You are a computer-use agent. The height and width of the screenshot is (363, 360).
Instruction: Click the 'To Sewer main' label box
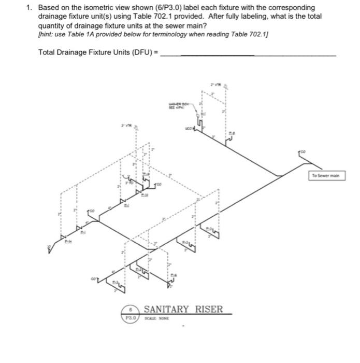326,176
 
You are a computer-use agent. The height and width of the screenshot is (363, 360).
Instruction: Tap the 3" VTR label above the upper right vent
215,83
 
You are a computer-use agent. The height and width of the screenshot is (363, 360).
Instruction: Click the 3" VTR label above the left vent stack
126,125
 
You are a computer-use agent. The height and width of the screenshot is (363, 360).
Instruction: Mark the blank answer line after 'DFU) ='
249,54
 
